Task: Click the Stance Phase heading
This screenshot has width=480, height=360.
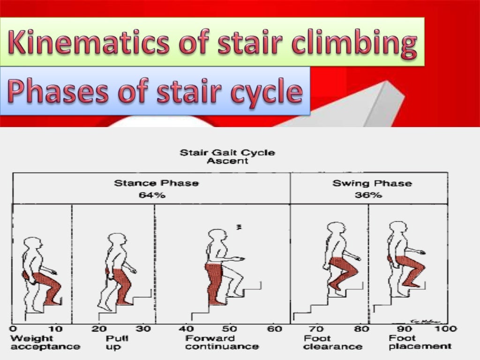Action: click(x=156, y=183)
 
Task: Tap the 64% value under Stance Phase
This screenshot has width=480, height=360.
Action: click(x=152, y=195)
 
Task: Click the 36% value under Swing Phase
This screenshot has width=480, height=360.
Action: click(x=370, y=195)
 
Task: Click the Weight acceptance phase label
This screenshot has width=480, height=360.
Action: click(x=45, y=342)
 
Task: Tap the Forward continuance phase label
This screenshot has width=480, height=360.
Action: click(x=222, y=342)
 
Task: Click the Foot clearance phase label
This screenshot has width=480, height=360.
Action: click(x=332, y=342)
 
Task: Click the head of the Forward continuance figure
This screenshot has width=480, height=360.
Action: click(x=217, y=238)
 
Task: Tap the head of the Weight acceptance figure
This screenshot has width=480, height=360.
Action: click(x=33, y=245)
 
